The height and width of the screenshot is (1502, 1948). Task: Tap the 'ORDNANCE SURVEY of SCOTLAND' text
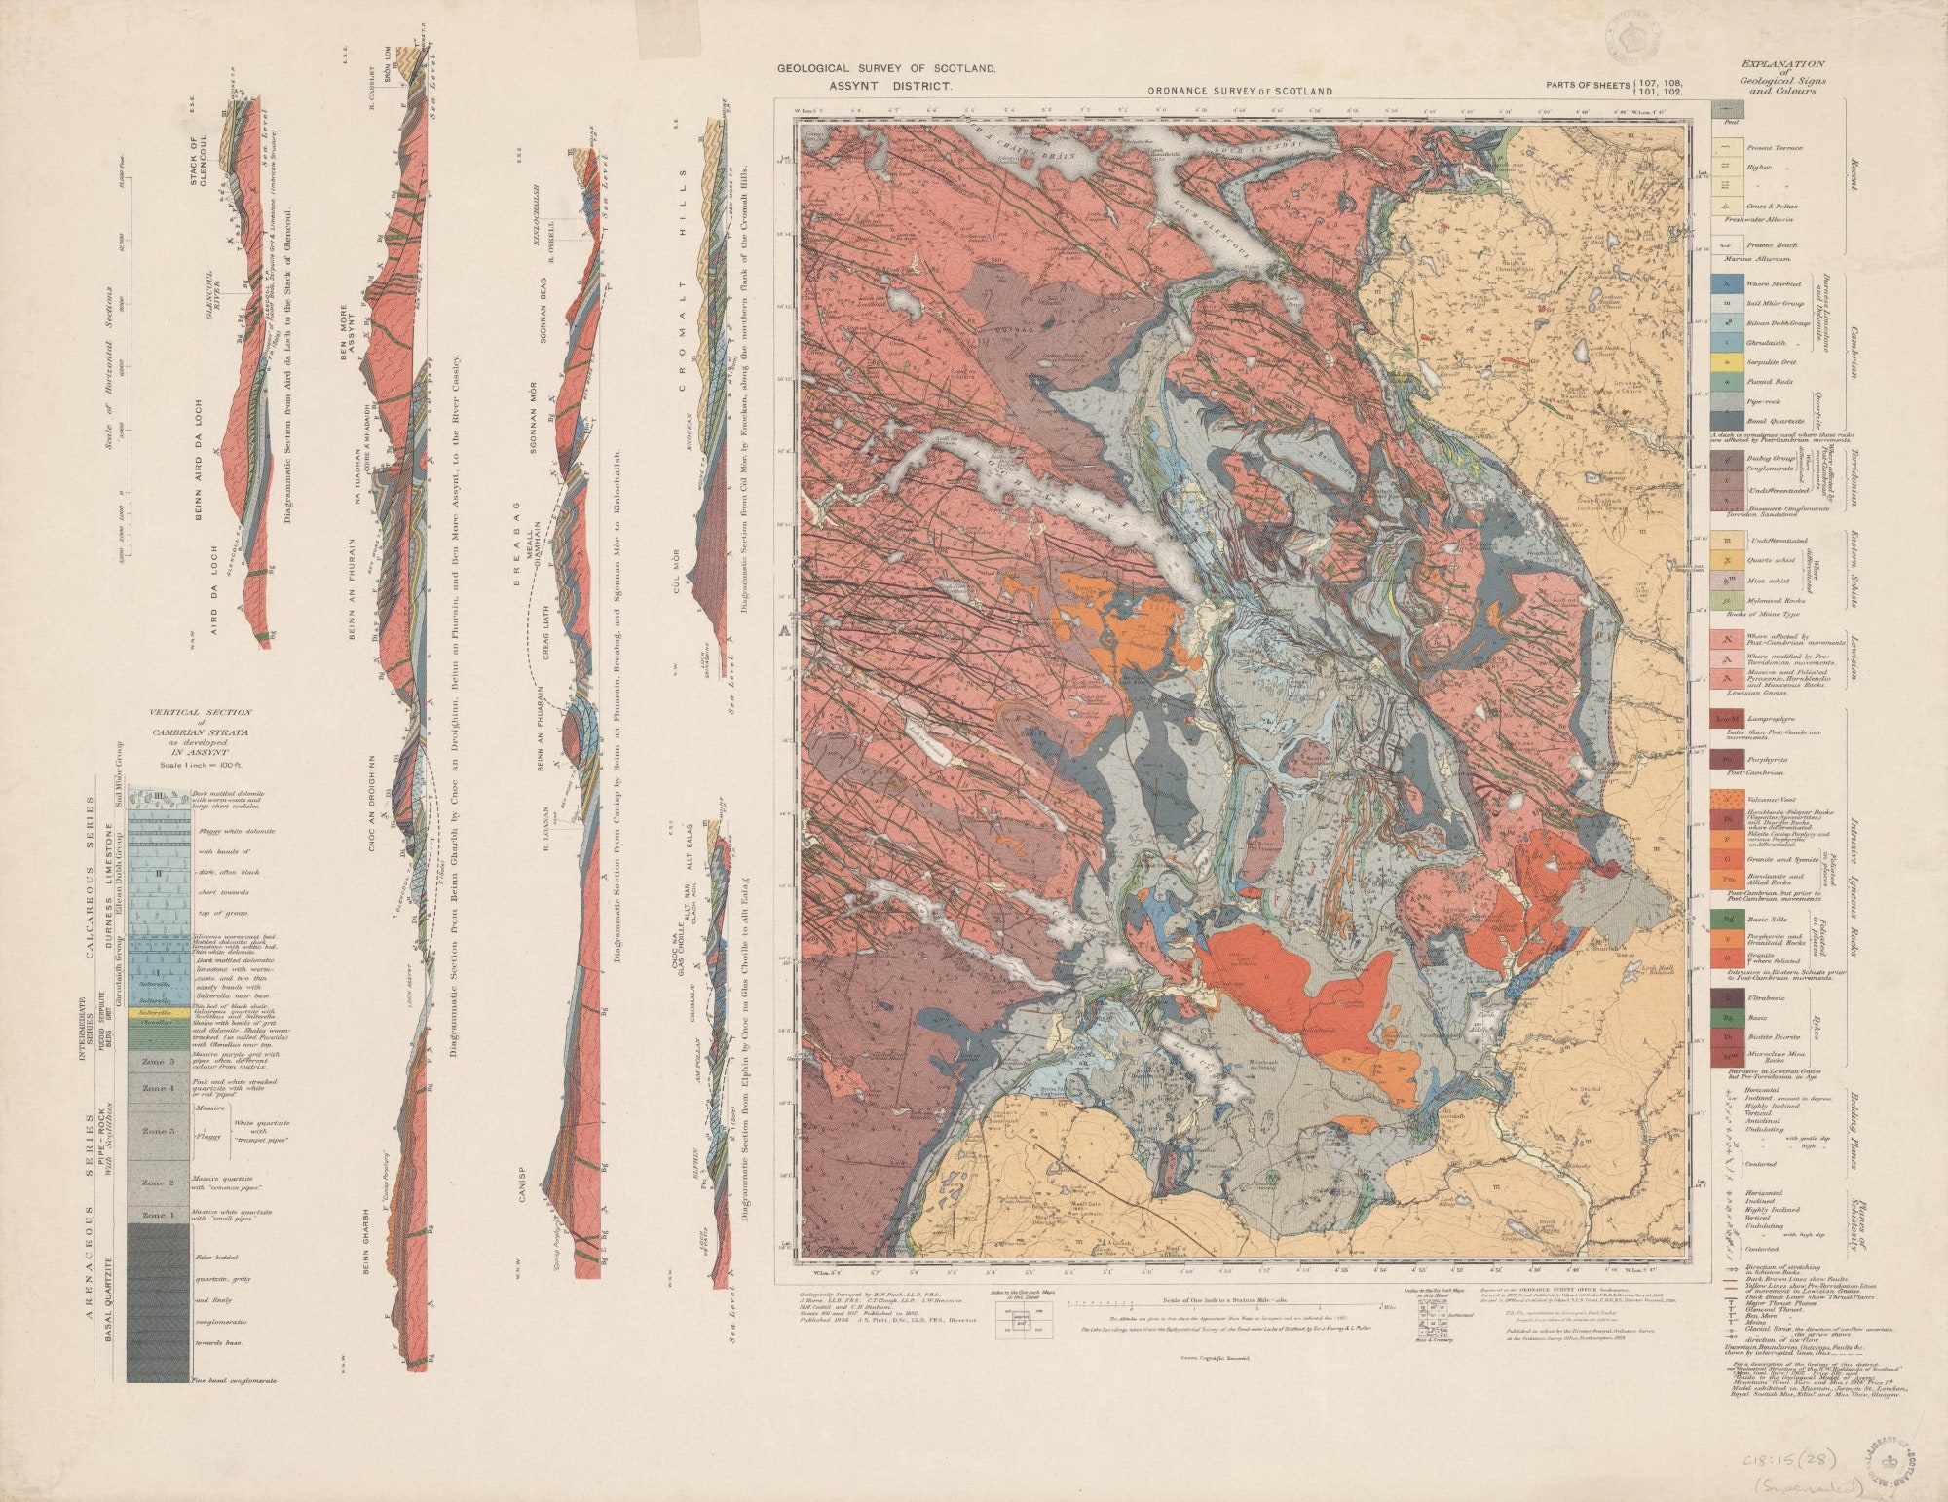pos(1239,91)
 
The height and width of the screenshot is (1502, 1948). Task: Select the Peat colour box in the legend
pos(1726,109)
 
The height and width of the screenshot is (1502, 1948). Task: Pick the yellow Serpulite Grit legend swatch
pos(1726,362)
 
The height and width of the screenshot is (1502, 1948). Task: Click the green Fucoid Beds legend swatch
pos(1726,382)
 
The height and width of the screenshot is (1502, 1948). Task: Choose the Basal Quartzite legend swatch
pos(1726,420)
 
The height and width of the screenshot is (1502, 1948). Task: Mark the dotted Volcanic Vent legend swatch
pos(1726,797)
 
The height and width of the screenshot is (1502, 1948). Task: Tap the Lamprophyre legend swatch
pos(1726,719)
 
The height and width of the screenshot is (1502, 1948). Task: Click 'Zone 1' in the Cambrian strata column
pos(158,1216)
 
